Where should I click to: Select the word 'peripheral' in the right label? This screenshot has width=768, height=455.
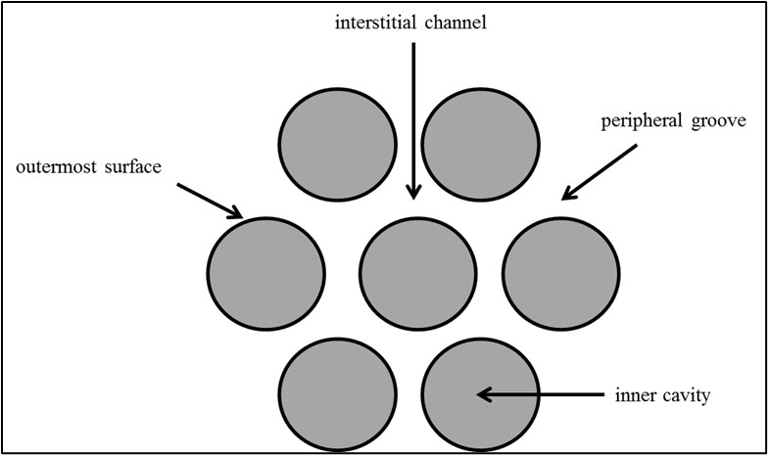pos(639,122)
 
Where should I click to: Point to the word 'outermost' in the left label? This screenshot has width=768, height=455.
pos(54,166)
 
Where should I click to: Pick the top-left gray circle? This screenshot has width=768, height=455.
pos(337,137)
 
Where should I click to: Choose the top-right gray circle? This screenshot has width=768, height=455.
pos(480,137)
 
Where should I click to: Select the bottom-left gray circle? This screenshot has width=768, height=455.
pos(338,395)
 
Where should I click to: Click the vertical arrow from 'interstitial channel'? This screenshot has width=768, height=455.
pos(413,117)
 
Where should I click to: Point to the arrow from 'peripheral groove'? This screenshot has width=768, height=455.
pos(600,172)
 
